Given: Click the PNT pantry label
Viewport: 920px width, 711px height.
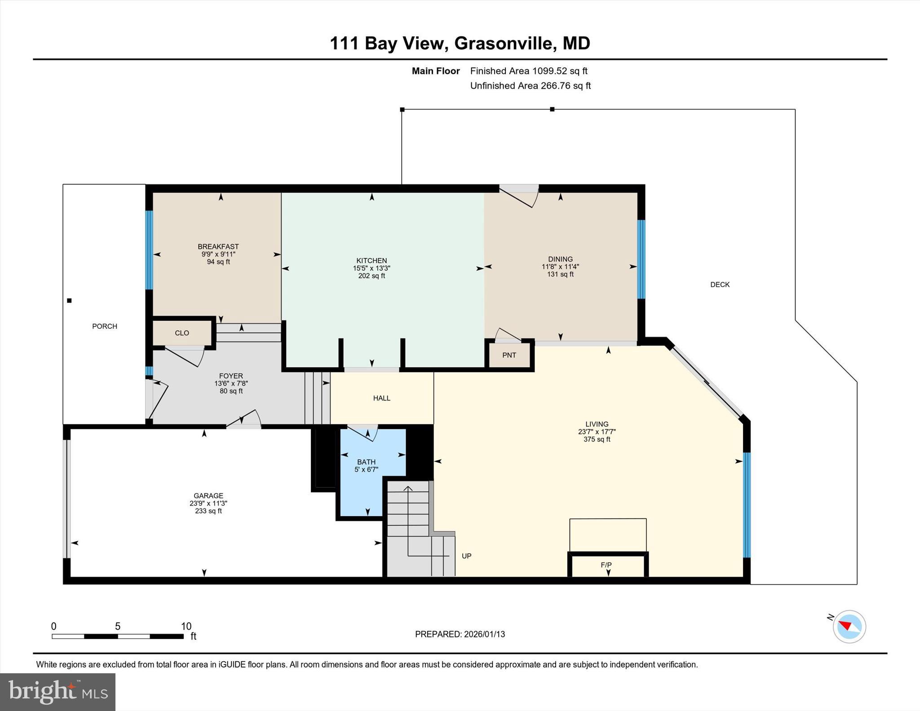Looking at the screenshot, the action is click(509, 355).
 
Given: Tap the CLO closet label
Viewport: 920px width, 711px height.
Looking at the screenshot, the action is click(182, 333).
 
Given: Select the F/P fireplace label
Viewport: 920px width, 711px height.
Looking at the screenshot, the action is click(606, 565).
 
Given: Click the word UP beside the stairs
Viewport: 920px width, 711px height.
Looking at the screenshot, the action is click(467, 556).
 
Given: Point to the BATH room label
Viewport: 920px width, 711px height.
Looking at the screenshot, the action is click(366, 462).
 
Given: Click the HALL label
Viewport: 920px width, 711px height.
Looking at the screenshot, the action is click(382, 398).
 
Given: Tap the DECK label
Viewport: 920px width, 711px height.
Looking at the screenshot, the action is click(720, 284).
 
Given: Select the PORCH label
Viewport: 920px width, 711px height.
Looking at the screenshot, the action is click(105, 326).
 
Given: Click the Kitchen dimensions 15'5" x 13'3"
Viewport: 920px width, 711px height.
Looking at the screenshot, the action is click(372, 268).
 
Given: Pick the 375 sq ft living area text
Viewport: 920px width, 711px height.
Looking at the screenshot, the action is click(597, 439).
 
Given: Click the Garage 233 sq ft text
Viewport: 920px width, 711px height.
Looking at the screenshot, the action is click(208, 511).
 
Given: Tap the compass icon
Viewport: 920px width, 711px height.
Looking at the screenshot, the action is click(849, 627).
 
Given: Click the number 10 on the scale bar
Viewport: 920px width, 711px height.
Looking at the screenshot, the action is click(186, 626).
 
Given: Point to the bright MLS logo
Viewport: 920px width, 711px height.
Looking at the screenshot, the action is click(58, 692).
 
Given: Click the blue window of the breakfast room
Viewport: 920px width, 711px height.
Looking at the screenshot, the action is click(149, 250).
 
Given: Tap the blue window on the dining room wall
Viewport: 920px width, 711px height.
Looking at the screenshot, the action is click(641, 260).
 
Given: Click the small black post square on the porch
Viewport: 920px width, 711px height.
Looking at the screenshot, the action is click(69, 301).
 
